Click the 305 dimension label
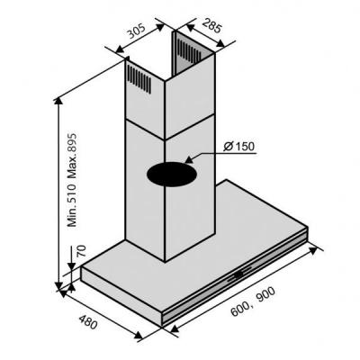(x=137, y=31)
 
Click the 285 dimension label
(x=211, y=25)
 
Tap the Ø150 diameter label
(x=239, y=147)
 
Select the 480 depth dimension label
(x=88, y=320)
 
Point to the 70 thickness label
(x=81, y=251)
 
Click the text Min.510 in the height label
(x=72, y=205)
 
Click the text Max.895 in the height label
(x=72, y=156)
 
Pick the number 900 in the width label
(x=265, y=296)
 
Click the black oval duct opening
(x=172, y=175)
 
